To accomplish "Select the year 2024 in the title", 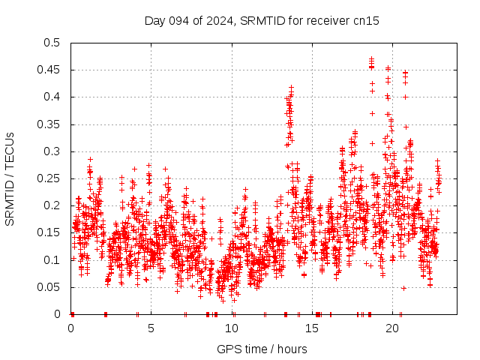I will (x=218, y=21).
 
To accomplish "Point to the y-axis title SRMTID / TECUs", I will (x=10, y=179).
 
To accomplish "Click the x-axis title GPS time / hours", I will (x=262, y=349).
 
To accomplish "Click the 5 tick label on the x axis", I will (x=151, y=328).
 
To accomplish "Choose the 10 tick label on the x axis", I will (x=232, y=328).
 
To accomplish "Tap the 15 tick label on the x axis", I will (x=313, y=328).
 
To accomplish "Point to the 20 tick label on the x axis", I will (x=393, y=328).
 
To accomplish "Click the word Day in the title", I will (x=154, y=21).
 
